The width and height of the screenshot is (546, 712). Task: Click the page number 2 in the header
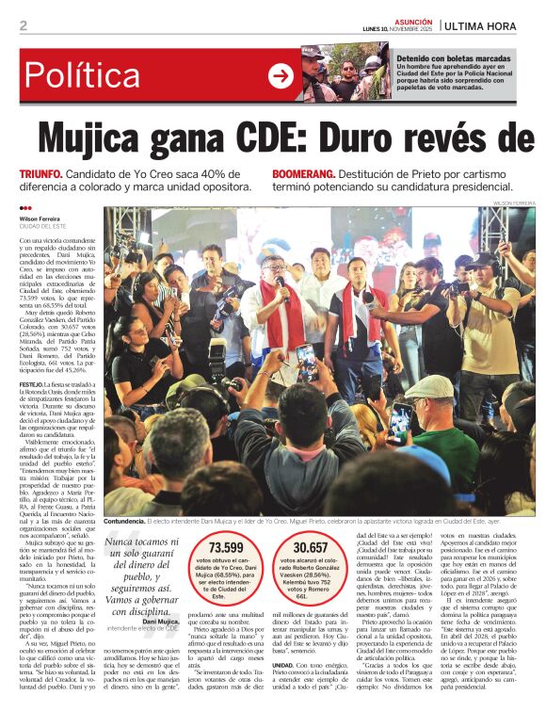[x=23, y=25]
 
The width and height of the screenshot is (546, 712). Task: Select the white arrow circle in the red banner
[x=281, y=76]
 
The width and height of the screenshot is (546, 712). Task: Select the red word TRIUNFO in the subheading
[x=41, y=175]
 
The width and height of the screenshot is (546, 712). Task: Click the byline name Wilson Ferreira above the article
[x=41, y=218]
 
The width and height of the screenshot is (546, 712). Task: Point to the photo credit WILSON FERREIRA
[x=514, y=202]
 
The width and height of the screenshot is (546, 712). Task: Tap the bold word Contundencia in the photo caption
[x=125, y=520]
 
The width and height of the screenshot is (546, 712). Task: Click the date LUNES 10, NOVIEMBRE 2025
[x=398, y=28]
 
